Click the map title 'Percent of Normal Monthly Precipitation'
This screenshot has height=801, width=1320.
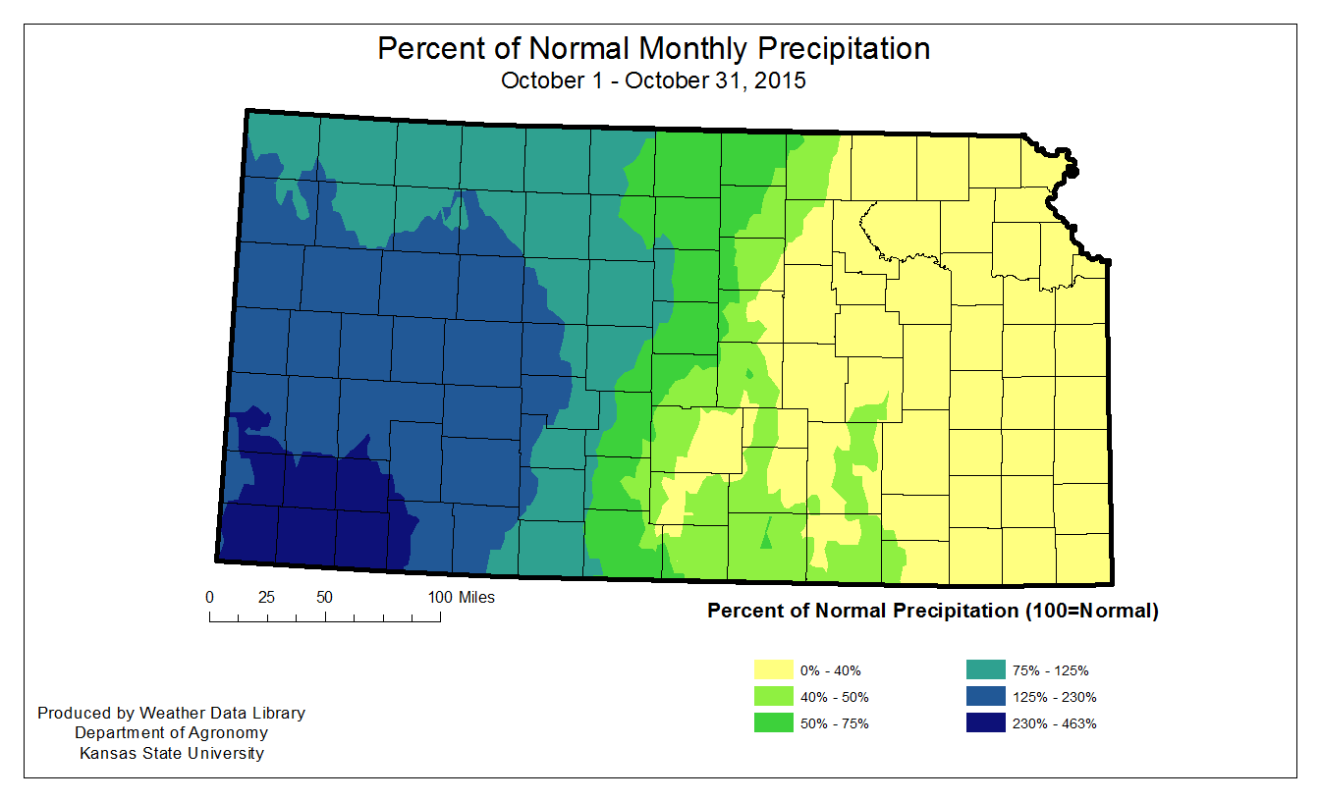coord(653,48)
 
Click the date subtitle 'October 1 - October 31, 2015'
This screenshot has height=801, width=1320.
coord(653,80)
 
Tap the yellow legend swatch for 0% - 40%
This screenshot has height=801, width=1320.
coord(770,670)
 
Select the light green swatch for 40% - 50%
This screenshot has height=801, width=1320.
coord(770,697)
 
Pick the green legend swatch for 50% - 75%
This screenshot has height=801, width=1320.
coord(770,723)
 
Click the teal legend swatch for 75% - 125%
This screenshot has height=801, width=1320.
coord(985,670)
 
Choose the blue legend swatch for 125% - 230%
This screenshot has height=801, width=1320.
coord(985,697)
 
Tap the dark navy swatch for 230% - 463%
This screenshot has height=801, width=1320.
coord(985,723)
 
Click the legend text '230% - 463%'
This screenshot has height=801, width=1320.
coord(1054,724)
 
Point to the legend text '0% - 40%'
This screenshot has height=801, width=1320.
coord(831,671)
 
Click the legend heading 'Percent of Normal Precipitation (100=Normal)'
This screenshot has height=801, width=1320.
coord(933,611)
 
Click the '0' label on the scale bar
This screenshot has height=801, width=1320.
coord(209,597)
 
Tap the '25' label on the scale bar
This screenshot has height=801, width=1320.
coord(266,597)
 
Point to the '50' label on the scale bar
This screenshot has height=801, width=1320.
coord(324,597)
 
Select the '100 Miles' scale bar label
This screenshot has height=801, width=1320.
coord(462,597)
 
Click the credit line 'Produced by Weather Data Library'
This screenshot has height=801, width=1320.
coord(171,713)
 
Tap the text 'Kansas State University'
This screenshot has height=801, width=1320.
coord(171,754)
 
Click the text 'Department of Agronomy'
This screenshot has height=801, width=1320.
coord(171,733)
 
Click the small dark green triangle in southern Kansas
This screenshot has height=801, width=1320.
coord(767,539)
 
